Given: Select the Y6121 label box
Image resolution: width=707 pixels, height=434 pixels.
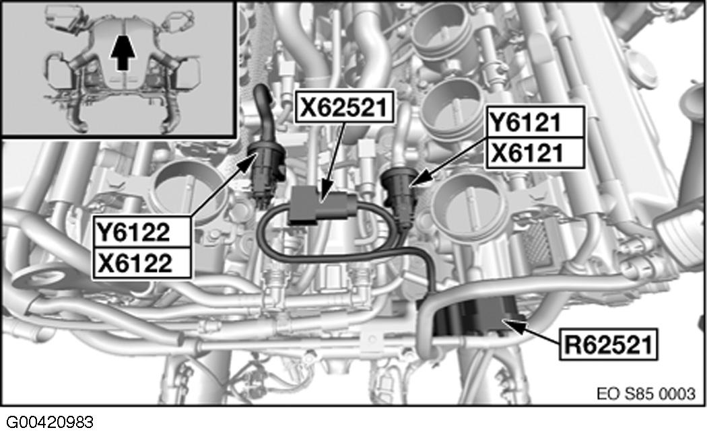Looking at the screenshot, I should click(534, 123).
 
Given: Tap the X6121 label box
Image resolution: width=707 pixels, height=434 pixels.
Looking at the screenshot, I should click(534, 153).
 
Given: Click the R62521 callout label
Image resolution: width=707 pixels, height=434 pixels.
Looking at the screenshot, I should click(607, 346).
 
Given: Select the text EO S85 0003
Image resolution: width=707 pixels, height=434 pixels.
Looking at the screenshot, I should click(645, 392).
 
